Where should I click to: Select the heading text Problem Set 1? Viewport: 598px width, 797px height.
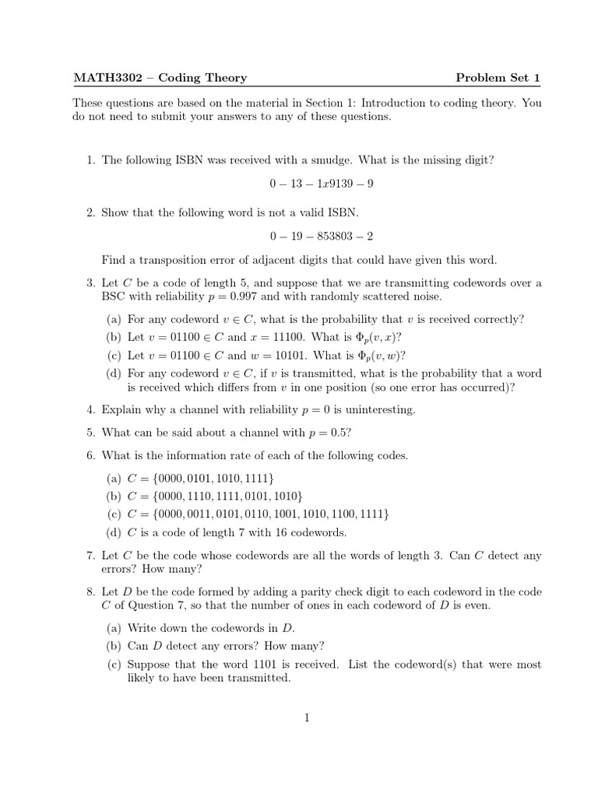[x=498, y=77]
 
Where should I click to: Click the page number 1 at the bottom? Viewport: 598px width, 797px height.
[x=308, y=718]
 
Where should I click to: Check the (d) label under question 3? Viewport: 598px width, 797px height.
[x=114, y=374]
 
